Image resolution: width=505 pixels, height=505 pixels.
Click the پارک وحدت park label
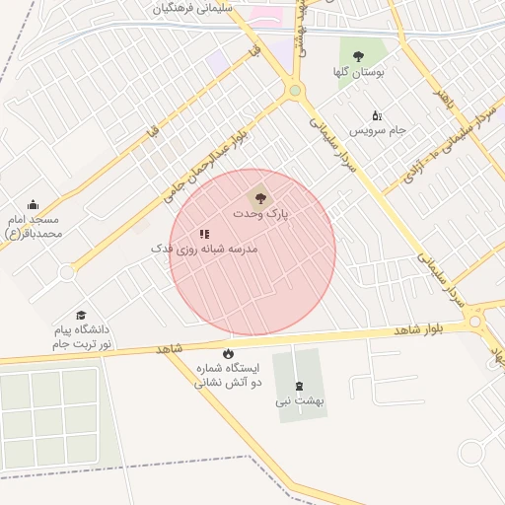point(260,213)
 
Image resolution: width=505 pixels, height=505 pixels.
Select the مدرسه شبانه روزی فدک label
point(203,250)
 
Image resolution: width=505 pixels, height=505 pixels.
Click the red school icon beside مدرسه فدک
point(204,234)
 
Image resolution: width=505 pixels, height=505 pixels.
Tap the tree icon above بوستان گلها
point(358,56)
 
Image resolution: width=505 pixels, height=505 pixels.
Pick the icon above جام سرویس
point(376,114)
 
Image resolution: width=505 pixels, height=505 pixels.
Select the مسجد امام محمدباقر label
point(35,226)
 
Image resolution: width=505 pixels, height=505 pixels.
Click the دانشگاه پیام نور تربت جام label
point(83,336)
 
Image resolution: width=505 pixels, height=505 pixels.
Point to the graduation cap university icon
point(81,315)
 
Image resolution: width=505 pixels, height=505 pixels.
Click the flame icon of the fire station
point(229,354)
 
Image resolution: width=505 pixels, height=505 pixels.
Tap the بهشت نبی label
point(299,401)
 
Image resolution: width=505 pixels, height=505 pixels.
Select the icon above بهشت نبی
point(299,385)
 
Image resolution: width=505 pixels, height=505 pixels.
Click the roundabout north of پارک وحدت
point(294,91)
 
